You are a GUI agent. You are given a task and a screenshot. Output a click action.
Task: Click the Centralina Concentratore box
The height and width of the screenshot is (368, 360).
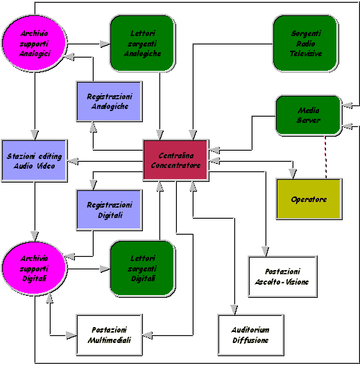176,160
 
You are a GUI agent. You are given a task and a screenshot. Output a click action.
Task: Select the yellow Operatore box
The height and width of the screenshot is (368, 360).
309,199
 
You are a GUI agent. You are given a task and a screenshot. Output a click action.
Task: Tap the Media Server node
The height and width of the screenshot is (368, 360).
309,115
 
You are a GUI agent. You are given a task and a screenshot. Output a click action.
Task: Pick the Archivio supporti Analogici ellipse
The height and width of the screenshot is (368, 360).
35,44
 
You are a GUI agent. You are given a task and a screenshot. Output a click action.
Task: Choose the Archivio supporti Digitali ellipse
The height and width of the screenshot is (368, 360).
35,269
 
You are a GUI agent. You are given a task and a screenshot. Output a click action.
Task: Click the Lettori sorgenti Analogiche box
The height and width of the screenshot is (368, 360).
143,44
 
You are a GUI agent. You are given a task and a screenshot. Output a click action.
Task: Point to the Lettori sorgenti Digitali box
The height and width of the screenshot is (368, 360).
143,269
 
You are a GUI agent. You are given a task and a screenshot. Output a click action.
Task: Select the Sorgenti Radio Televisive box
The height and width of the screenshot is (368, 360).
306,44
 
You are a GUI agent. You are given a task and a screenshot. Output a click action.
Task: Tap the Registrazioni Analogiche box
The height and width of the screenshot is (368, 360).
110,101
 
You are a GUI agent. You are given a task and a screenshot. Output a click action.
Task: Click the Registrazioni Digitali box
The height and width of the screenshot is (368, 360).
110,210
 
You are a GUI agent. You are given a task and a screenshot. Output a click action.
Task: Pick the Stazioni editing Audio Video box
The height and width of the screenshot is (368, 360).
35,161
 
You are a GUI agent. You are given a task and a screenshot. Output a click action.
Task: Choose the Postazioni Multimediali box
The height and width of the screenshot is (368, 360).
110,335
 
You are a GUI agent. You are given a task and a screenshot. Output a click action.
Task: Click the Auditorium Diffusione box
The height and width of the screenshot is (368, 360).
250,335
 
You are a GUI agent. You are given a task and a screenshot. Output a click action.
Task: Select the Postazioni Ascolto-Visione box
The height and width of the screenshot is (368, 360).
282,277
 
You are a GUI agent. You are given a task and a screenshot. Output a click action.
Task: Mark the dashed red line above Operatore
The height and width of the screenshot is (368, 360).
325,157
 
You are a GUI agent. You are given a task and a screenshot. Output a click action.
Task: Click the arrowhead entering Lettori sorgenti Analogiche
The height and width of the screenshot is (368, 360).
105,44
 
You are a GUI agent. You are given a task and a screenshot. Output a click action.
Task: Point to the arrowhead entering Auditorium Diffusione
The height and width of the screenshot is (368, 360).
234,310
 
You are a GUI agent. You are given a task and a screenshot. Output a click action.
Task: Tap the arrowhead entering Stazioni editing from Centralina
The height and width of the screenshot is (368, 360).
73,161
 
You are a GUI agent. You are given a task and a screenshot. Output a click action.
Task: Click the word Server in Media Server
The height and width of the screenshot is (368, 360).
309,120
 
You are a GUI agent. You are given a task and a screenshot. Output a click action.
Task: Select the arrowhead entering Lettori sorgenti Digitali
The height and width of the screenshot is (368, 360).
105,269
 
